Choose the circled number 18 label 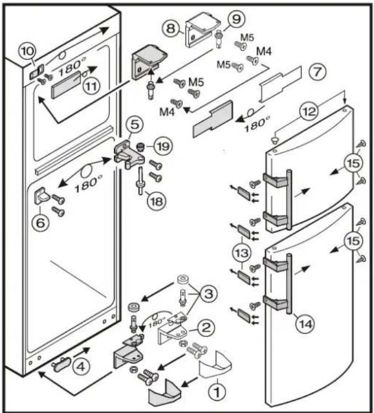[x=156, y=200]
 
